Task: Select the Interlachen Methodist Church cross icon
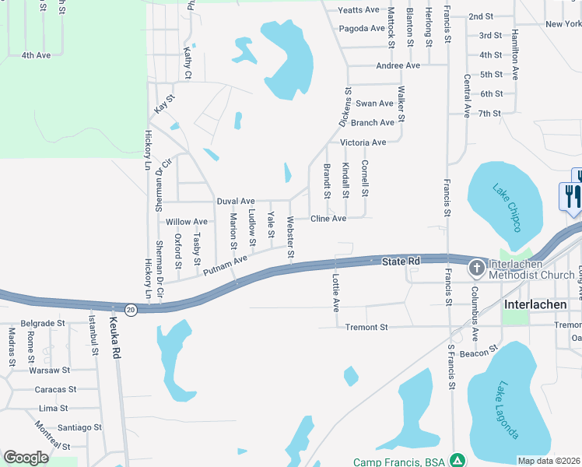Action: (x=476, y=269)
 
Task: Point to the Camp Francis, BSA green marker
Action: (x=458, y=462)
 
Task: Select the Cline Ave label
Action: (x=328, y=219)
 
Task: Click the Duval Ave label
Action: (x=236, y=201)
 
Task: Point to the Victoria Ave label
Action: (x=363, y=142)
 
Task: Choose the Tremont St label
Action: (x=366, y=328)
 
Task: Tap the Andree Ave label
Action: (x=398, y=65)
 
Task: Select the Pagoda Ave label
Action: (x=359, y=29)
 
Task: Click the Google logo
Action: (x=26, y=457)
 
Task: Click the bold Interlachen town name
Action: (x=535, y=304)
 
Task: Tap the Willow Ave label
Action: (x=187, y=222)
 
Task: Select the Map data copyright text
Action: (x=549, y=461)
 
